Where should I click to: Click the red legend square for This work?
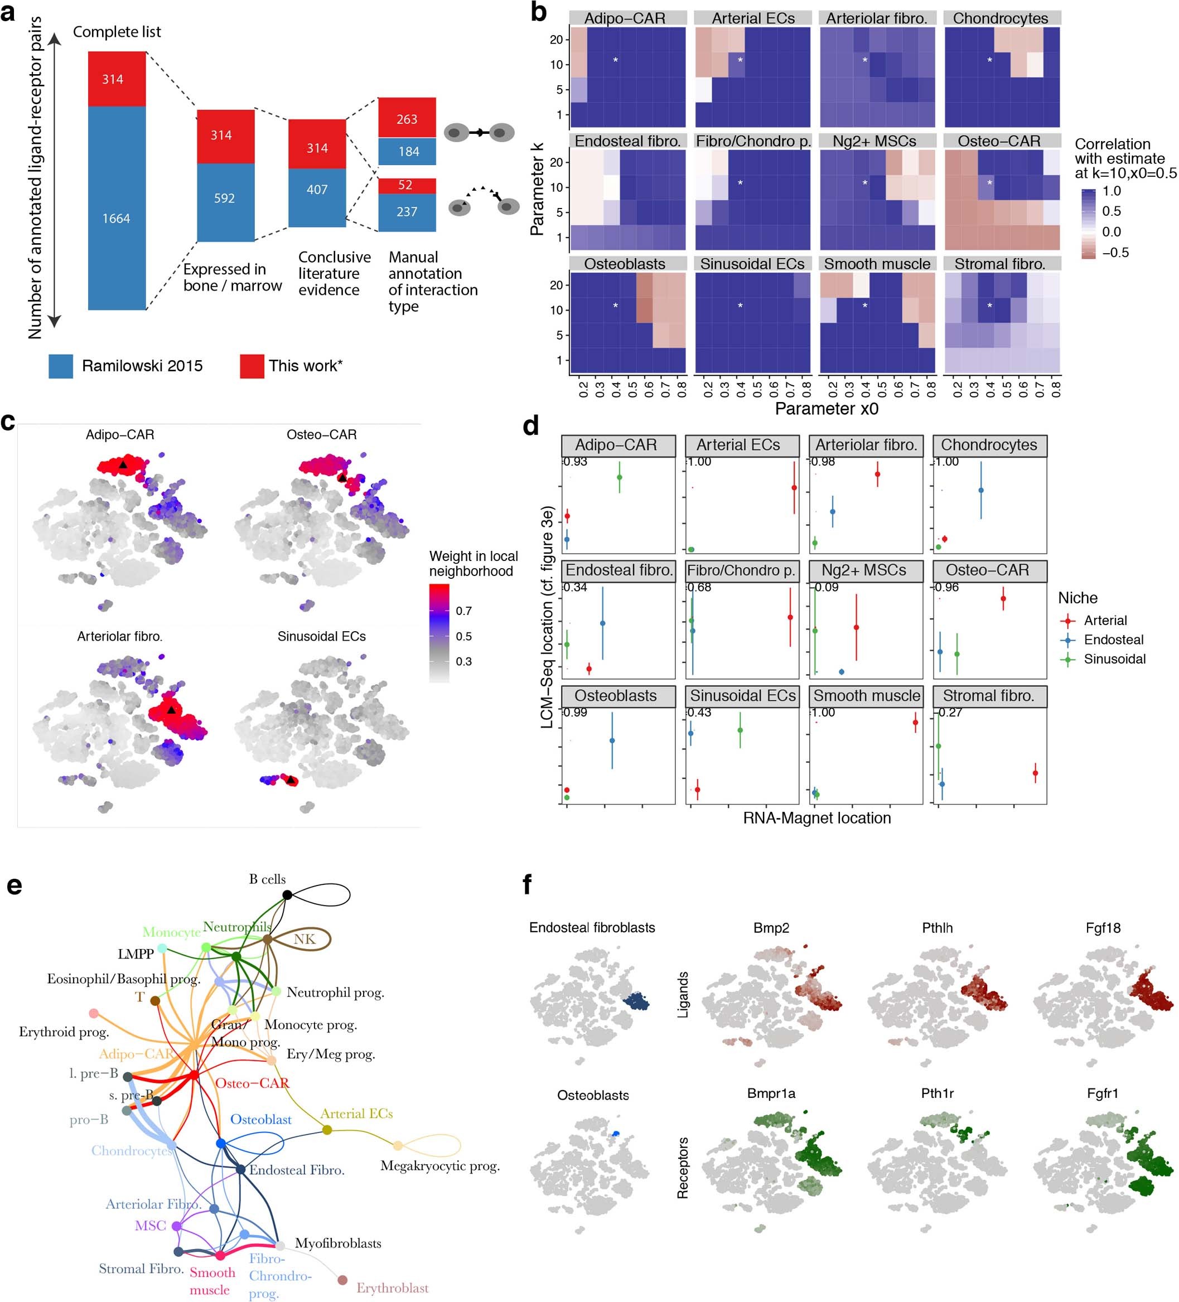[252, 366]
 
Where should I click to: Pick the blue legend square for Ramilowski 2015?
[61, 366]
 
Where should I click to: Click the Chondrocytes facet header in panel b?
[1001, 18]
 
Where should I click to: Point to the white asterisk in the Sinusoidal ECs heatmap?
[740, 306]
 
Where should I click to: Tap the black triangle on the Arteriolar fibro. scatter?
[171, 710]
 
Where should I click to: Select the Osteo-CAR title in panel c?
[321, 434]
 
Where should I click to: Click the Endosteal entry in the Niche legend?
[1113, 640]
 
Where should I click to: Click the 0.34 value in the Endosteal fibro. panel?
[576, 587]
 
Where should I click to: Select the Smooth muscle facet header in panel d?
[866, 695]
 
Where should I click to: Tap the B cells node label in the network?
[267, 879]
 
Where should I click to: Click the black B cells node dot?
[287, 894]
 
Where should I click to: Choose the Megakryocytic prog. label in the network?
[439, 1166]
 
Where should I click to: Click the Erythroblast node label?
[392, 1288]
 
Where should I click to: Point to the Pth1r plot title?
[937, 1093]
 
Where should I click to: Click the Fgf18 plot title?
[1103, 928]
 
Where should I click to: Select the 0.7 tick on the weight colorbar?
[463, 611]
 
